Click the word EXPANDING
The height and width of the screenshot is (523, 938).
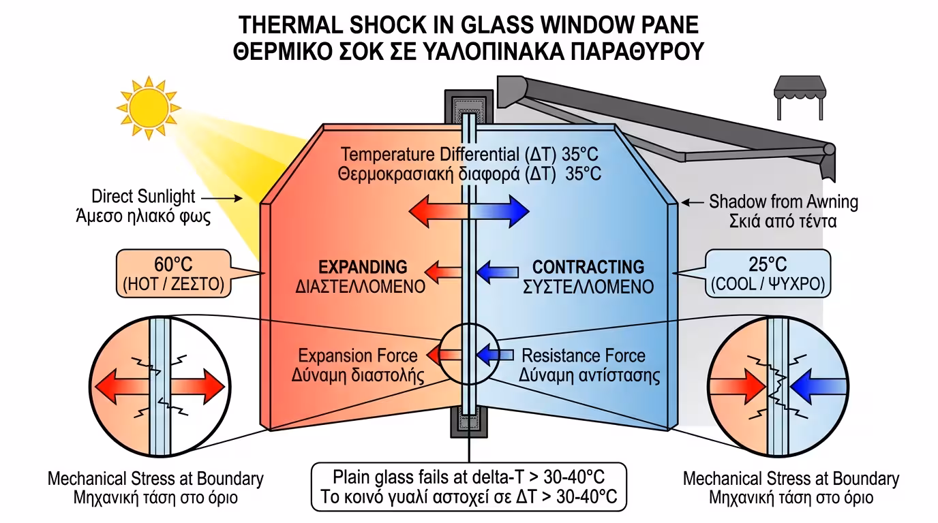[363, 266]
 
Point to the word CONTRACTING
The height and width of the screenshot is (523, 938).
[588, 266]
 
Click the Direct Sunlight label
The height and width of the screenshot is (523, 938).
[143, 197]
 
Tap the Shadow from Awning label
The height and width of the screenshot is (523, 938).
[783, 202]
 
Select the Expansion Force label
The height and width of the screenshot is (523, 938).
[358, 355]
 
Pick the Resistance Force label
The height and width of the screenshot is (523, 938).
[583, 355]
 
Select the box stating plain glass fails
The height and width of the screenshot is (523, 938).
[468, 486]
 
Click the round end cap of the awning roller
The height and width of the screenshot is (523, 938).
[828, 148]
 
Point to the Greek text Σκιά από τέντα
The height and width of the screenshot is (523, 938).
[783, 221]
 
